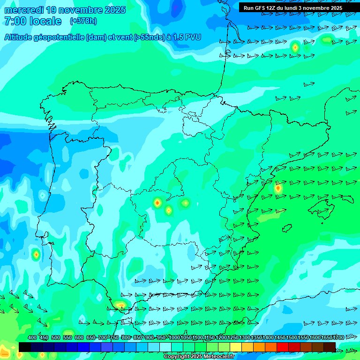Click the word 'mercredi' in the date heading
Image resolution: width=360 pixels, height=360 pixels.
click(23, 10)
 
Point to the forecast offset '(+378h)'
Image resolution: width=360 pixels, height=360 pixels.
click(83, 21)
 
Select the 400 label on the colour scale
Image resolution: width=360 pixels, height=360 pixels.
click(32, 338)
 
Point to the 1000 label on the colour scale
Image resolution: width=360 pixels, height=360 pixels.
click(174, 338)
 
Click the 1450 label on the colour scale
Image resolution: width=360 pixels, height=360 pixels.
click(280, 338)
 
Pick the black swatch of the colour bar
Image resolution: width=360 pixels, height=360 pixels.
click(25, 347)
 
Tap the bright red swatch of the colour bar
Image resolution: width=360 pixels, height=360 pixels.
click(283, 347)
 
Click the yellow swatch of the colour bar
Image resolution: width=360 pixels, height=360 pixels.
click(236, 347)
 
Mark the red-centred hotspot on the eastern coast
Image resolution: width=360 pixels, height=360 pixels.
click(278, 188)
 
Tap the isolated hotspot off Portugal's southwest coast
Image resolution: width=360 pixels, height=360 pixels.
click(36, 255)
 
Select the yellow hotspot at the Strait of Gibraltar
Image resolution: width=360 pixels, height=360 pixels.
click(120, 305)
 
